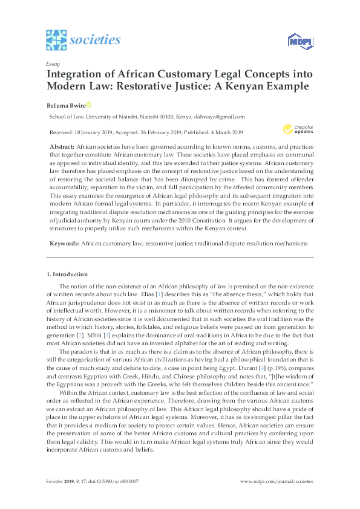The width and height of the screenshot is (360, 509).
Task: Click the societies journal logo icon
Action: pos(56,40)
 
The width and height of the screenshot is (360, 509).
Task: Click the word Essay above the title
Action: pos(52,63)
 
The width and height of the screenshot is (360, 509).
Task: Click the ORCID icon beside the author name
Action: pos(88,104)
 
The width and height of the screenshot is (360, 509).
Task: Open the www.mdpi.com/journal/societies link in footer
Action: pos(277,482)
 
